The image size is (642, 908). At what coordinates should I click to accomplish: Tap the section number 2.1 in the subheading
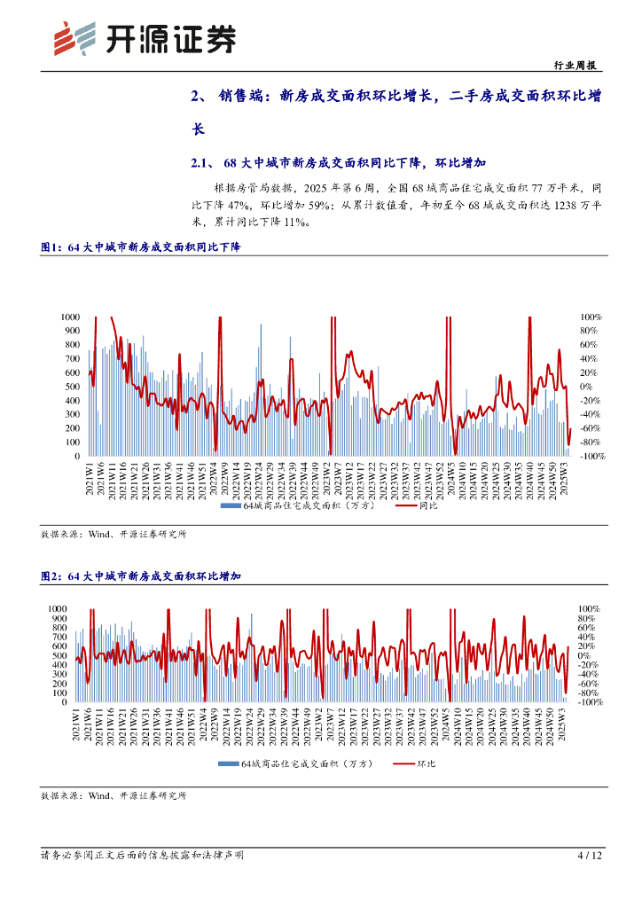point(200,164)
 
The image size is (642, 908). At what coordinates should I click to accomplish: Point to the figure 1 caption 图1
point(51,248)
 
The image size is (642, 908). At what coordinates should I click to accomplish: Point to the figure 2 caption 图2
point(51,576)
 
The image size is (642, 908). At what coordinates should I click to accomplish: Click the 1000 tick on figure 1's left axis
point(70,317)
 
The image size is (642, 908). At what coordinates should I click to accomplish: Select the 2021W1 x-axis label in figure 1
point(90,477)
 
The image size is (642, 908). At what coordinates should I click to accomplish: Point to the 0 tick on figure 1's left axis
point(76,457)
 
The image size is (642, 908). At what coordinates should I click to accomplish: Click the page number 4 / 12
point(590,856)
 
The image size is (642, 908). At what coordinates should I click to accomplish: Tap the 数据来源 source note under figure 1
point(114,536)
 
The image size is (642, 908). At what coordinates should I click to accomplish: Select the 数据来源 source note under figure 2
point(114,796)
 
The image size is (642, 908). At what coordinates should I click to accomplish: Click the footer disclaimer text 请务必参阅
point(142,856)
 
